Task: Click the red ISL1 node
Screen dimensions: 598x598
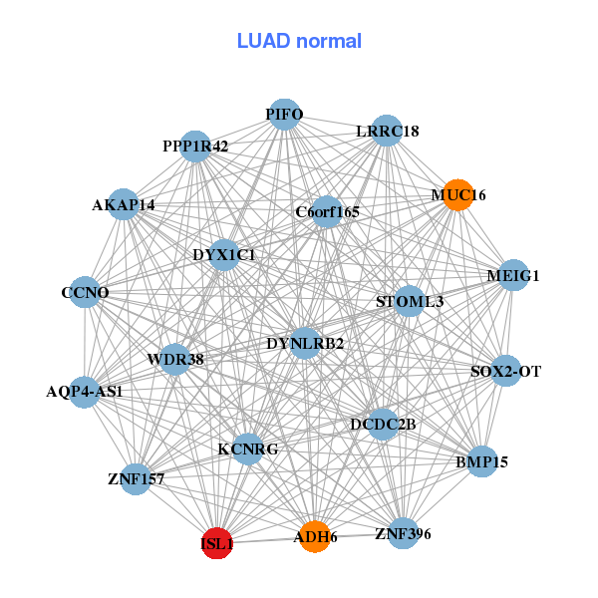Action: [217, 544]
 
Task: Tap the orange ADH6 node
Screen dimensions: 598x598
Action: [315, 536]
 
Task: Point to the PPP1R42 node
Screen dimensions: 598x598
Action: [195, 147]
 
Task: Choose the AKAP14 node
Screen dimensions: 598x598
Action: [124, 204]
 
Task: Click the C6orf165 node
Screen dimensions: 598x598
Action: [327, 211]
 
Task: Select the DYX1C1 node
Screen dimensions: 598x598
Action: [224, 255]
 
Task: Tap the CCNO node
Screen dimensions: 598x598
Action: [85, 293]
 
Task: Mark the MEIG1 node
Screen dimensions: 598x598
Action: [512, 275]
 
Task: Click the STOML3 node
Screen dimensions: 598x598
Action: [410, 301]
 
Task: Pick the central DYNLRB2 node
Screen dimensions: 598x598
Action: [305, 344]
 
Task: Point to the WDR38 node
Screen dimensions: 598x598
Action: [175, 359]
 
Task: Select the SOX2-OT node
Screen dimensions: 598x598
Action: [505, 372]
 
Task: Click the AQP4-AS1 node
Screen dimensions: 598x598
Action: [85, 391]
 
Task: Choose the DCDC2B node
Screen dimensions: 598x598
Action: [383, 425]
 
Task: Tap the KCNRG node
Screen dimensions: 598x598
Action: [247, 448]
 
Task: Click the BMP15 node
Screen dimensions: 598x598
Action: [482, 461]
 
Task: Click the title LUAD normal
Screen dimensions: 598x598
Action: [299, 41]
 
